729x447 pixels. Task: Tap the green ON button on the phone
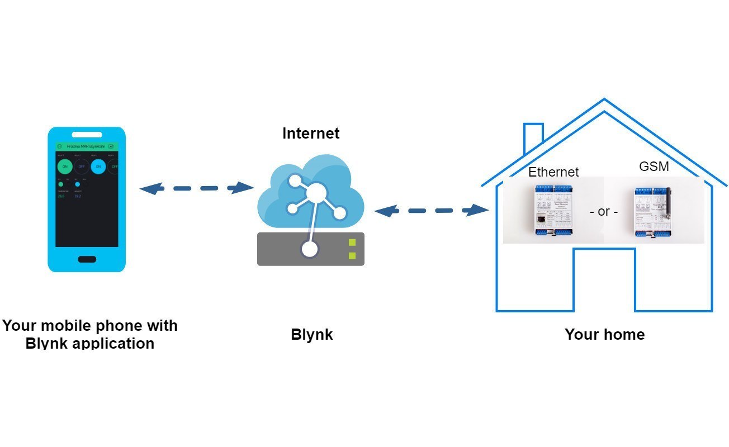pyautogui.click(x=65, y=167)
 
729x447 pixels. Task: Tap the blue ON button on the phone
pyautogui.click(x=98, y=167)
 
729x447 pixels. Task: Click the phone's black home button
pyautogui.click(x=87, y=259)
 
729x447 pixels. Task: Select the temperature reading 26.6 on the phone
pyautogui.click(x=61, y=197)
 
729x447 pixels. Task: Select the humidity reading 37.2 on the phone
pyautogui.click(x=78, y=197)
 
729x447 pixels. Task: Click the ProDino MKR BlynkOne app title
pyautogui.click(x=86, y=146)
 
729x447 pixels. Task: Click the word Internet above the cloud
pyautogui.click(x=310, y=134)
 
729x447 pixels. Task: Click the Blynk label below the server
pyautogui.click(x=311, y=335)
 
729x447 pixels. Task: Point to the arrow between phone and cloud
pyautogui.click(x=196, y=188)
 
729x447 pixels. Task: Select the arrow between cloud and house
pyautogui.click(x=430, y=211)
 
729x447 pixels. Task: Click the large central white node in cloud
pyautogui.click(x=315, y=193)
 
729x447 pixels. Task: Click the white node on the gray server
pyautogui.click(x=310, y=249)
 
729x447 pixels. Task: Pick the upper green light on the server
pyautogui.click(x=352, y=242)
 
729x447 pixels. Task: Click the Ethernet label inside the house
pyautogui.click(x=553, y=172)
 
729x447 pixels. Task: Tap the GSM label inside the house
pyautogui.click(x=654, y=167)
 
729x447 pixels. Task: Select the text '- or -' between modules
pyautogui.click(x=604, y=212)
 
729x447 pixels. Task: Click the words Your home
pyautogui.click(x=604, y=335)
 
